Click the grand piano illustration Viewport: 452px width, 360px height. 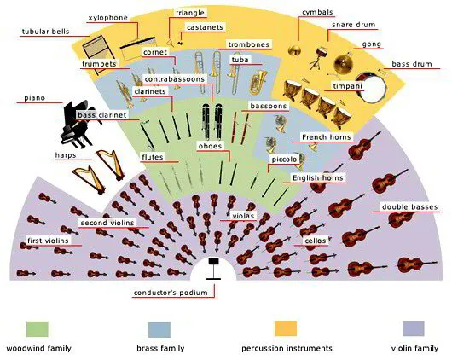[78, 124]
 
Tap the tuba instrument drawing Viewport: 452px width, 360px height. [258, 81]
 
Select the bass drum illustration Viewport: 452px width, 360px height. [370, 87]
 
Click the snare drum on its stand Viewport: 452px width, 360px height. [320, 58]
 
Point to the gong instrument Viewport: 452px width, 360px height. [344, 63]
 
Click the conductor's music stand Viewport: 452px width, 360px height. [213, 269]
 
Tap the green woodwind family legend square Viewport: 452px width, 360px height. [38, 328]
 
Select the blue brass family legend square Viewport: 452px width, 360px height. [159, 329]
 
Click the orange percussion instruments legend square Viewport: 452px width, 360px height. [286, 328]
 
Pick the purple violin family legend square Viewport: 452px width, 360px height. [413, 328]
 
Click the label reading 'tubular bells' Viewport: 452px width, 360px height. [46, 32]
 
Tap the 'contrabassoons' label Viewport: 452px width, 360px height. [175, 79]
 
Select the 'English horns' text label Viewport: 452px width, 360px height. [318, 178]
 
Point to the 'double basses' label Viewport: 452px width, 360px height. [410, 206]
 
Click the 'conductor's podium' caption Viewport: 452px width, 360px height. [171, 293]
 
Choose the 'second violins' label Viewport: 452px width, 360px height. [107, 223]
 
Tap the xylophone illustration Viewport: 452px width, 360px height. [137, 48]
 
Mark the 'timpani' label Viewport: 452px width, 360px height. [347, 86]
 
